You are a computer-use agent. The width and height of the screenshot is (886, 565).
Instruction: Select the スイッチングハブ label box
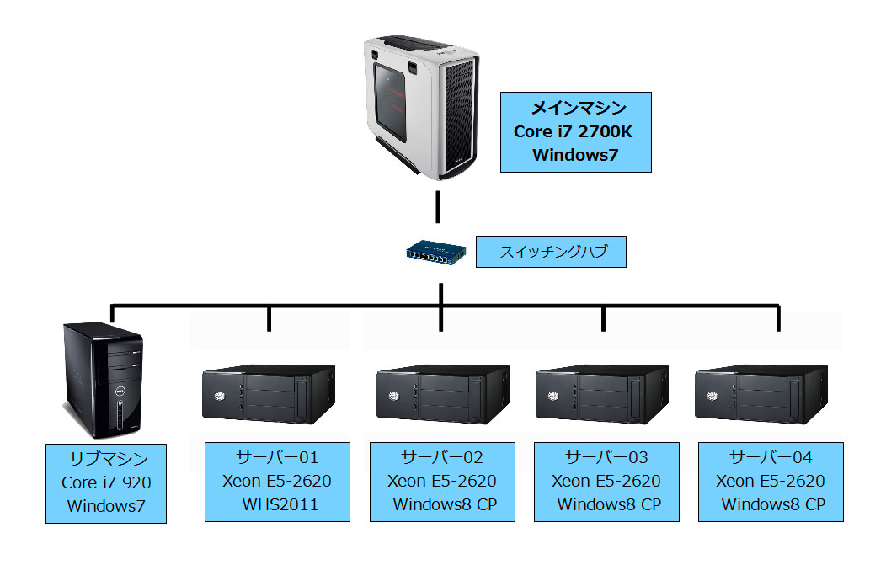coord(551,252)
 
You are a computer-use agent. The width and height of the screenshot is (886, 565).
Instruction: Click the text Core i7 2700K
coord(576,131)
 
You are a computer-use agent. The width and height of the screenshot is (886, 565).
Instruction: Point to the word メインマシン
coord(576,108)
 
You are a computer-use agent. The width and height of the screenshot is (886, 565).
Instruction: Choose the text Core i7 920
coord(106,483)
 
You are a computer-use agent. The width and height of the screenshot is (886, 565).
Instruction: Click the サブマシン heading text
coord(106,460)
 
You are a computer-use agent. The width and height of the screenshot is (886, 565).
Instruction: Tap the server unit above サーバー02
coord(441,393)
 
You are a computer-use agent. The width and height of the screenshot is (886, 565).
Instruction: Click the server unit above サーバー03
coord(603,393)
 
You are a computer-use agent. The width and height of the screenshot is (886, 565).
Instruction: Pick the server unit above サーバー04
coord(763,393)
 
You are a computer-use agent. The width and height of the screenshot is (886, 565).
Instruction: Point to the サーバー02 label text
coord(442,457)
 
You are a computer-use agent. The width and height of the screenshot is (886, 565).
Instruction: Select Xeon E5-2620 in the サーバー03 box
coord(606,481)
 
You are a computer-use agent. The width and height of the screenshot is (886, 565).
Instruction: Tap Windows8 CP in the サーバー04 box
coord(772,504)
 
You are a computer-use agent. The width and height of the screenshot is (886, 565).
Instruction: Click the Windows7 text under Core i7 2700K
coord(576,155)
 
